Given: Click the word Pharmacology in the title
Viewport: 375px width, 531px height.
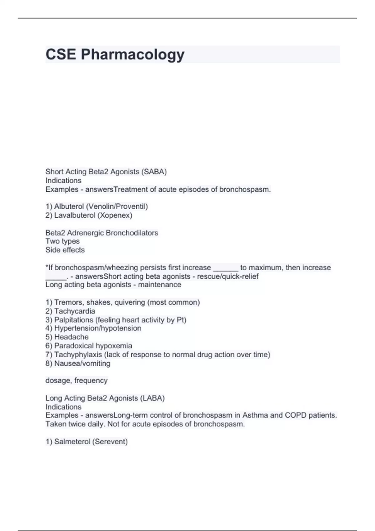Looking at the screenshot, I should (x=132, y=55).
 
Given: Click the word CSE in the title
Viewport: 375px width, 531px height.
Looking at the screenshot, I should (x=61, y=54).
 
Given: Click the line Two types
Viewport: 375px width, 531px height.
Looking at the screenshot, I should (x=62, y=241).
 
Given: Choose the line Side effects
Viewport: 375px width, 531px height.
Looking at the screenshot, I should (x=65, y=250).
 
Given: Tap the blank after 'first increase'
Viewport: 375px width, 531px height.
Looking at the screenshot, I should (x=226, y=268).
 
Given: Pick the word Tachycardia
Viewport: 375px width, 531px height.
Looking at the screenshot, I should (x=74, y=311).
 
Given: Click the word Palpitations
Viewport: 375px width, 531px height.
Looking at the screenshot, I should (x=73, y=320).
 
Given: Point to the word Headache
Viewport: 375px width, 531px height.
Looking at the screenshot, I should (x=71, y=337).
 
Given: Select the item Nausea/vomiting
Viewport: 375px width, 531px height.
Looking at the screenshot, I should (x=82, y=363).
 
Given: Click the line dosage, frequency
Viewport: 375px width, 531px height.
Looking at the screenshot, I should (x=76, y=380).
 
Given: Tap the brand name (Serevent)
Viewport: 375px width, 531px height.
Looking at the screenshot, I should (x=111, y=442).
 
